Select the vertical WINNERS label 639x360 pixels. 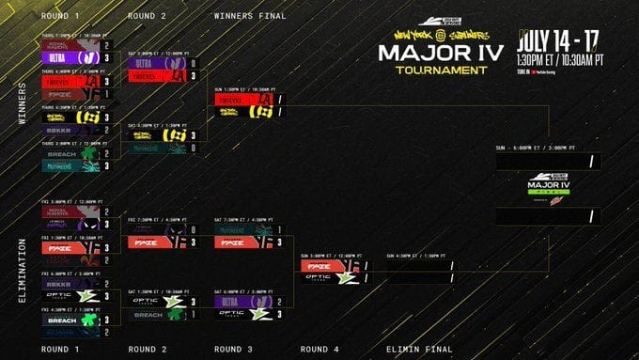point(21,104)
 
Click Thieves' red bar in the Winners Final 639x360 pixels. point(242,99)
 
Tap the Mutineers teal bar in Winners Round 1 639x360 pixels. point(72,166)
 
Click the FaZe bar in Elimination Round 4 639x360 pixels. point(324,266)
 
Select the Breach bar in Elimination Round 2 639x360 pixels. point(155,315)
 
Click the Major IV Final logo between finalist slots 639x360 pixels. point(548,187)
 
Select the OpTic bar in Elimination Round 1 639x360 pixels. point(72,294)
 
